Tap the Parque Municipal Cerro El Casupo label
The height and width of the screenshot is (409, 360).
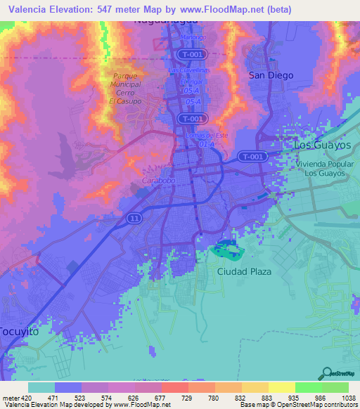pyautogui.click(x=125, y=89)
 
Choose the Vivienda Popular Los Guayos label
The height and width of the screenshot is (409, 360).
pyautogui.click(x=321, y=168)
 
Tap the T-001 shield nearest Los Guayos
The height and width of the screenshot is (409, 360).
pyautogui.click(x=249, y=156)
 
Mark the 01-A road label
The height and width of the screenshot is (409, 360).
pyautogui.click(x=206, y=144)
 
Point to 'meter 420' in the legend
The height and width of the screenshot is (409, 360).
pyautogui.click(x=15, y=397)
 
